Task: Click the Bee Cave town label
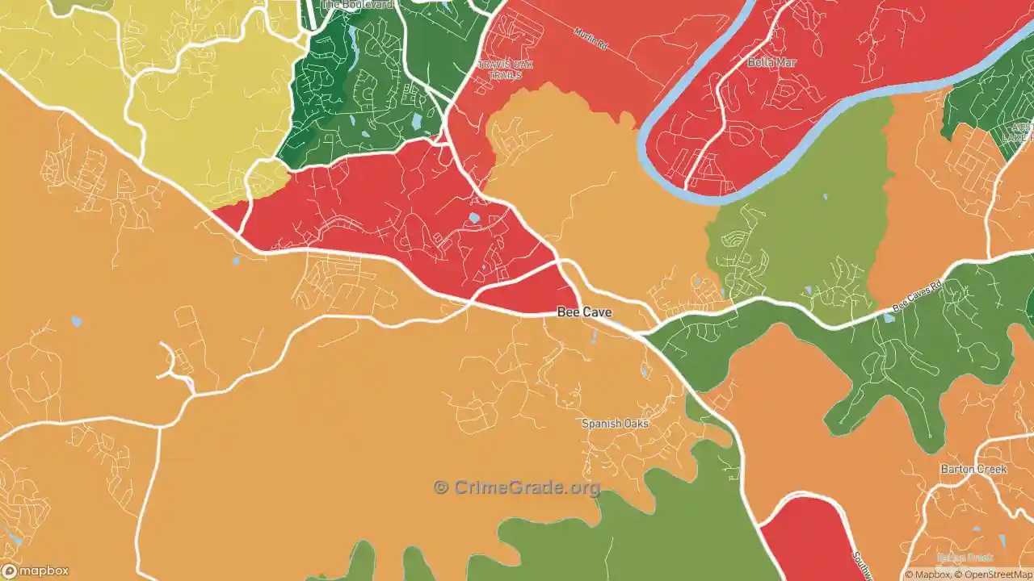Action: click(584, 312)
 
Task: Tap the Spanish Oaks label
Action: click(615, 424)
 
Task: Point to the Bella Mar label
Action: click(771, 62)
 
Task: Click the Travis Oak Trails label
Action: click(500, 69)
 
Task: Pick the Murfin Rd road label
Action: click(590, 40)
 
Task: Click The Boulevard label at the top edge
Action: click(357, 5)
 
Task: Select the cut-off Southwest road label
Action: click(861, 565)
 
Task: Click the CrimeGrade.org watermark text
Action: click(527, 487)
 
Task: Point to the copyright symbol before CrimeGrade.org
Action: click(440, 487)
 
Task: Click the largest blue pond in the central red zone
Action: click(473, 218)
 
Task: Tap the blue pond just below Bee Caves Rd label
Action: click(889, 318)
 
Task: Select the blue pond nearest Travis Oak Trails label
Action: click(416, 122)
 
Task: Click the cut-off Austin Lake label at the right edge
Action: click(1023, 132)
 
